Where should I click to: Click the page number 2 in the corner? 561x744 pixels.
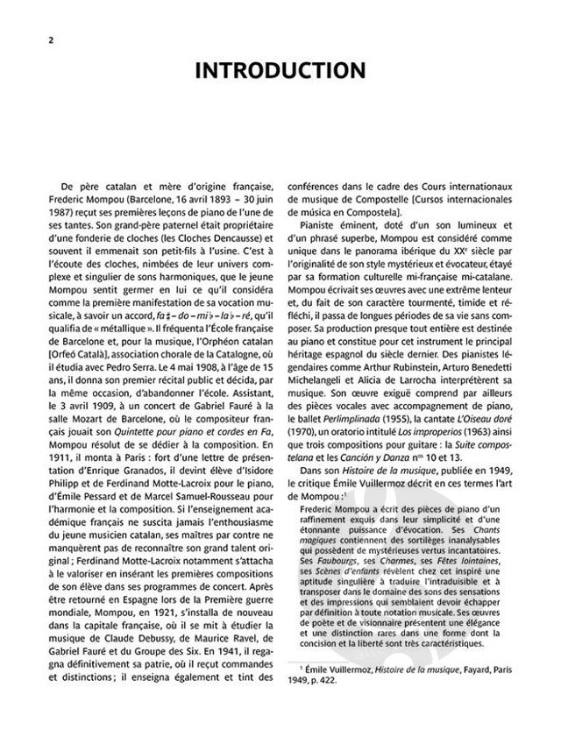click(38, 42)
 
